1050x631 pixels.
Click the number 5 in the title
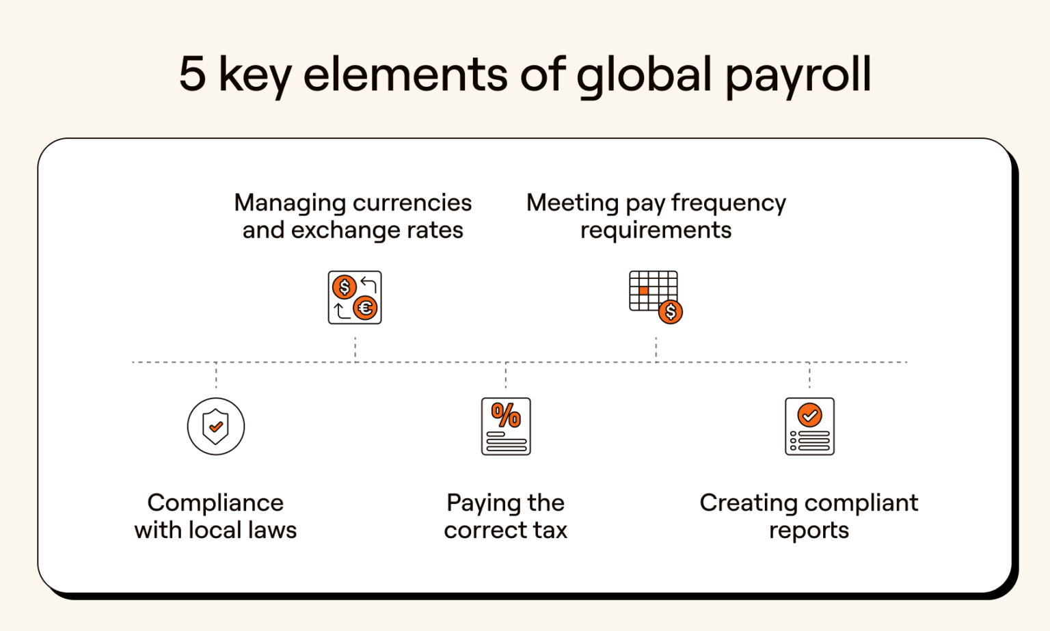(x=192, y=74)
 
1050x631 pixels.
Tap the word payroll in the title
(x=798, y=75)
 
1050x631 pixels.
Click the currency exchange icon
(x=355, y=297)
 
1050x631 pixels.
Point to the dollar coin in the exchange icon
(x=345, y=287)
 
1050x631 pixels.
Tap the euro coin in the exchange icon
(x=366, y=308)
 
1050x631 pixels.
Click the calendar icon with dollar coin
(x=655, y=296)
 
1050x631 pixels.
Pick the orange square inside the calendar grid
(x=643, y=291)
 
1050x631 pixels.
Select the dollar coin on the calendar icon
(x=671, y=312)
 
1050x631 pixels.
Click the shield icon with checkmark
(x=216, y=427)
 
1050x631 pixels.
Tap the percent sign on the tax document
(x=506, y=415)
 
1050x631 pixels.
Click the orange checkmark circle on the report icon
(x=810, y=415)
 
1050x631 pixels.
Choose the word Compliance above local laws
(x=215, y=502)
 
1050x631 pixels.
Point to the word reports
(x=809, y=531)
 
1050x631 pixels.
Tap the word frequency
(x=729, y=203)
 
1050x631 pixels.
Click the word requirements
(x=656, y=230)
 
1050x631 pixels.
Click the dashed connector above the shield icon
(x=216, y=375)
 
